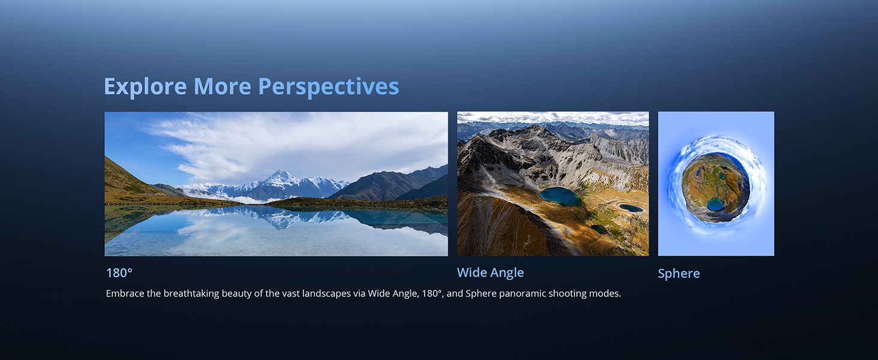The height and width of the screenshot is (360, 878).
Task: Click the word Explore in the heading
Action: point(145,86)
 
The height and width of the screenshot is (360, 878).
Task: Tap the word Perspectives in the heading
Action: point(329,86)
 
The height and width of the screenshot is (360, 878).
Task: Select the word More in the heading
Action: point(222,86)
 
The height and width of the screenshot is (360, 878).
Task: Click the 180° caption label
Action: point(119,273)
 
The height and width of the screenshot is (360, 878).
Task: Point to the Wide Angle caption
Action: point(491,272)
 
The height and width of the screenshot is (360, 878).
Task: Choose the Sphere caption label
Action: point(678,274)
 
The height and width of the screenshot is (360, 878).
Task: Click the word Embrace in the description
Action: point(125,293)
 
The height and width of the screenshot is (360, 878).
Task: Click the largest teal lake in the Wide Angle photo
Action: point(561,196)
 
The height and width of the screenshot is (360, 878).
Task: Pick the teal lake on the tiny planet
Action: point(715,205)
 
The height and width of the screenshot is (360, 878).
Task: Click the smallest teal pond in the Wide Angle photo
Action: point(599,229)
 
